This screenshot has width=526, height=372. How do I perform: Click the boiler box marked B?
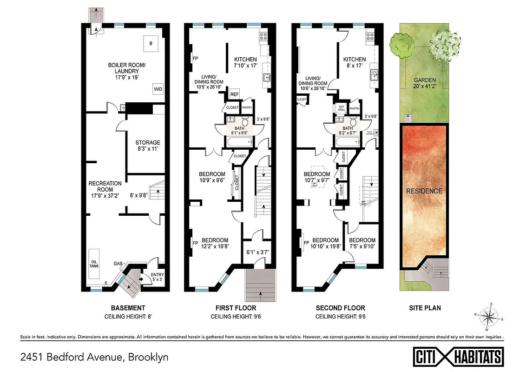tap(150, 43)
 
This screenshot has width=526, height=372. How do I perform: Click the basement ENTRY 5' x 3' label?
tap(158, 277)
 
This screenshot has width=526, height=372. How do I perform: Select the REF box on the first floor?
tap(235, 94)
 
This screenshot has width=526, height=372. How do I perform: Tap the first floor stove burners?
tap(263, 35)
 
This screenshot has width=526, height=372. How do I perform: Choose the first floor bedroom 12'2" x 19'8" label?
tap(215, 243)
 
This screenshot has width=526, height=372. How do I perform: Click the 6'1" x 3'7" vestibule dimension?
tap(258, 253)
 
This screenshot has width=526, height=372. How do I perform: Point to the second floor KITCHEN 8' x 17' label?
tap(354, 63)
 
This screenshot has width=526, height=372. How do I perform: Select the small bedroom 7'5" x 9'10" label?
tap(362, 244)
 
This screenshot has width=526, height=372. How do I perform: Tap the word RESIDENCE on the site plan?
tap(424, 191)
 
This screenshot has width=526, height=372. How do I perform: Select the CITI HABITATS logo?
tap(458, 357)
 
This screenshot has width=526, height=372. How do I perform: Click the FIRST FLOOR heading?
tap(235, 308)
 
